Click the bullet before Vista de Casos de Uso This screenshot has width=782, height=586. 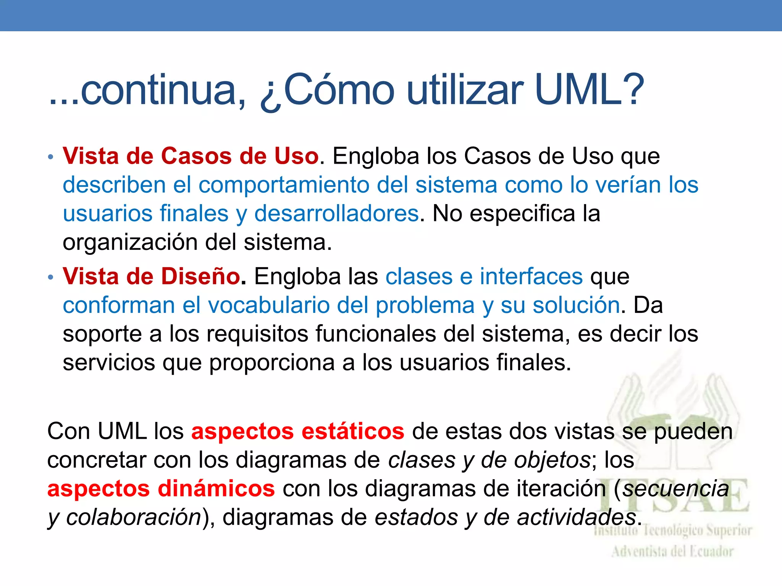click(51, 157)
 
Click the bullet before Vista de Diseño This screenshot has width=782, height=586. click(51, 277)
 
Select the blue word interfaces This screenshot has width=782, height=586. click(531, 276)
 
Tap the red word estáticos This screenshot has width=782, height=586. click(353, 431)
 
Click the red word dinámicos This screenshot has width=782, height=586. click(217, 489)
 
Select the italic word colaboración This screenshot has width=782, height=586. click(134, 518)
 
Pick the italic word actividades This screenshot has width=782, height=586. click(577, 518)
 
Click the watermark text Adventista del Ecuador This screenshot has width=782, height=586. click(672, 552)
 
